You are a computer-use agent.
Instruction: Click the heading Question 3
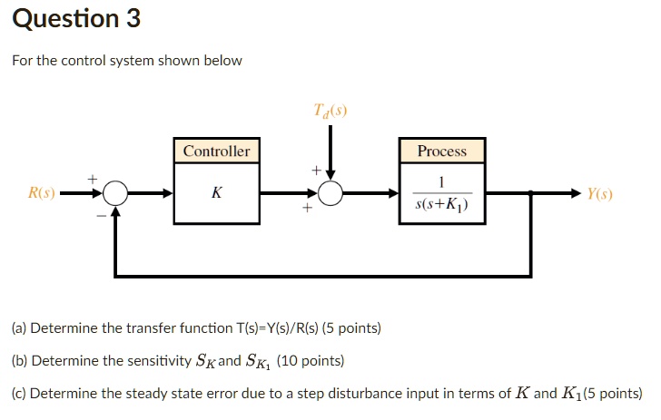point(76,18)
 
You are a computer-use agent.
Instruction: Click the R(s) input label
point(42,193)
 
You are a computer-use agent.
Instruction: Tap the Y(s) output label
point(599,193)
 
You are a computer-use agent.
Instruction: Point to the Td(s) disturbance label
point(330,112)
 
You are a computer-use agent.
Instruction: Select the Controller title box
point(216,151)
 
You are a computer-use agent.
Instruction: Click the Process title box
point(441,151)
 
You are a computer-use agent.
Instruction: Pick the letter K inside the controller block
point(216,193)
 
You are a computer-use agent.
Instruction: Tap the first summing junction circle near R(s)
point(114,193)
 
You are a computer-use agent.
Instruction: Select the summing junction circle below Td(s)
point(330,193)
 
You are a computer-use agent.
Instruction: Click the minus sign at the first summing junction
point(101,216)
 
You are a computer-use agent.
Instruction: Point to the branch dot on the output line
point(531,193)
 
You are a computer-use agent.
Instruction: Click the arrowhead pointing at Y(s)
point(576,193)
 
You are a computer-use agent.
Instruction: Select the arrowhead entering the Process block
point(392,193)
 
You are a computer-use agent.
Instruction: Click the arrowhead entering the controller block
point(167,193)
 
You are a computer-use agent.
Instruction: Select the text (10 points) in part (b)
point(311,361)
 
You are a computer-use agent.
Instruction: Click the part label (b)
point(19,361)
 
